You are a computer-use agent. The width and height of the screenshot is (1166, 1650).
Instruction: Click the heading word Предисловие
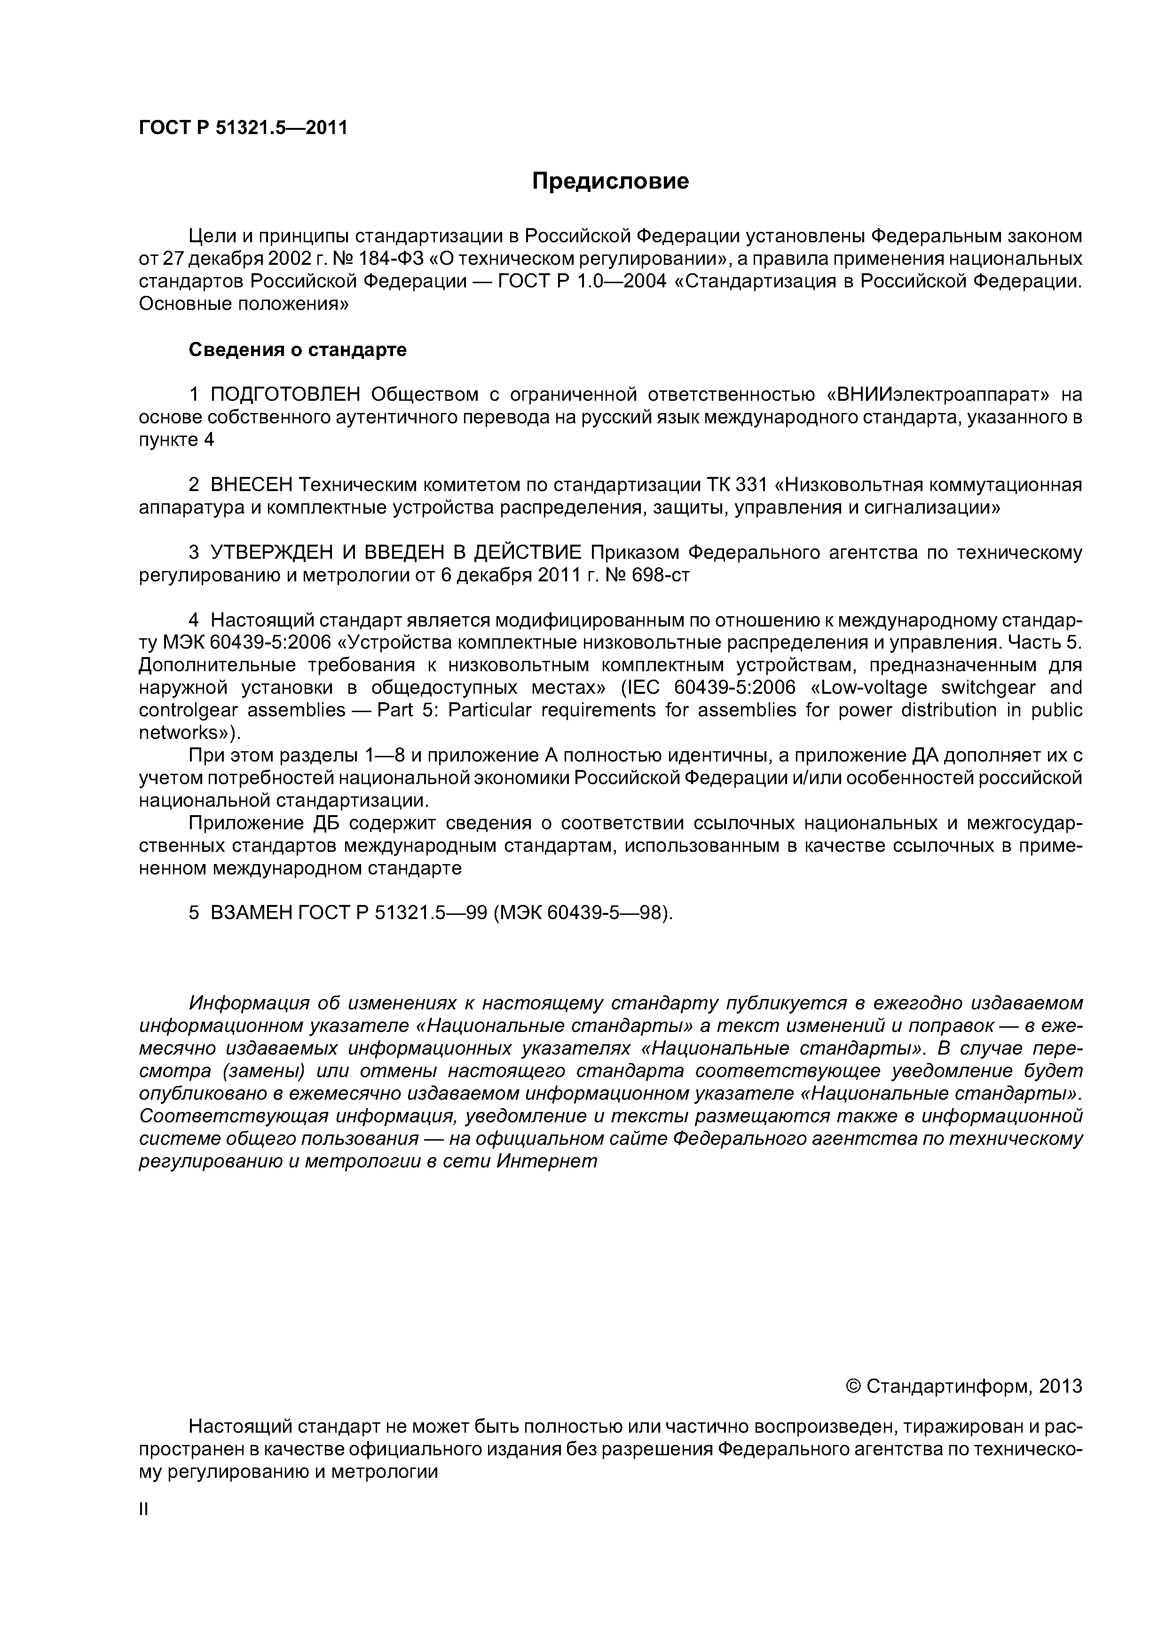(x=610, y=181)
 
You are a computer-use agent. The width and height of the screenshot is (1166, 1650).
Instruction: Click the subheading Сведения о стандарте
(x=298, y=350)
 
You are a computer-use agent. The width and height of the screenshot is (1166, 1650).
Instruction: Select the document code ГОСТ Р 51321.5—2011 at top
(x=243, y=128)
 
